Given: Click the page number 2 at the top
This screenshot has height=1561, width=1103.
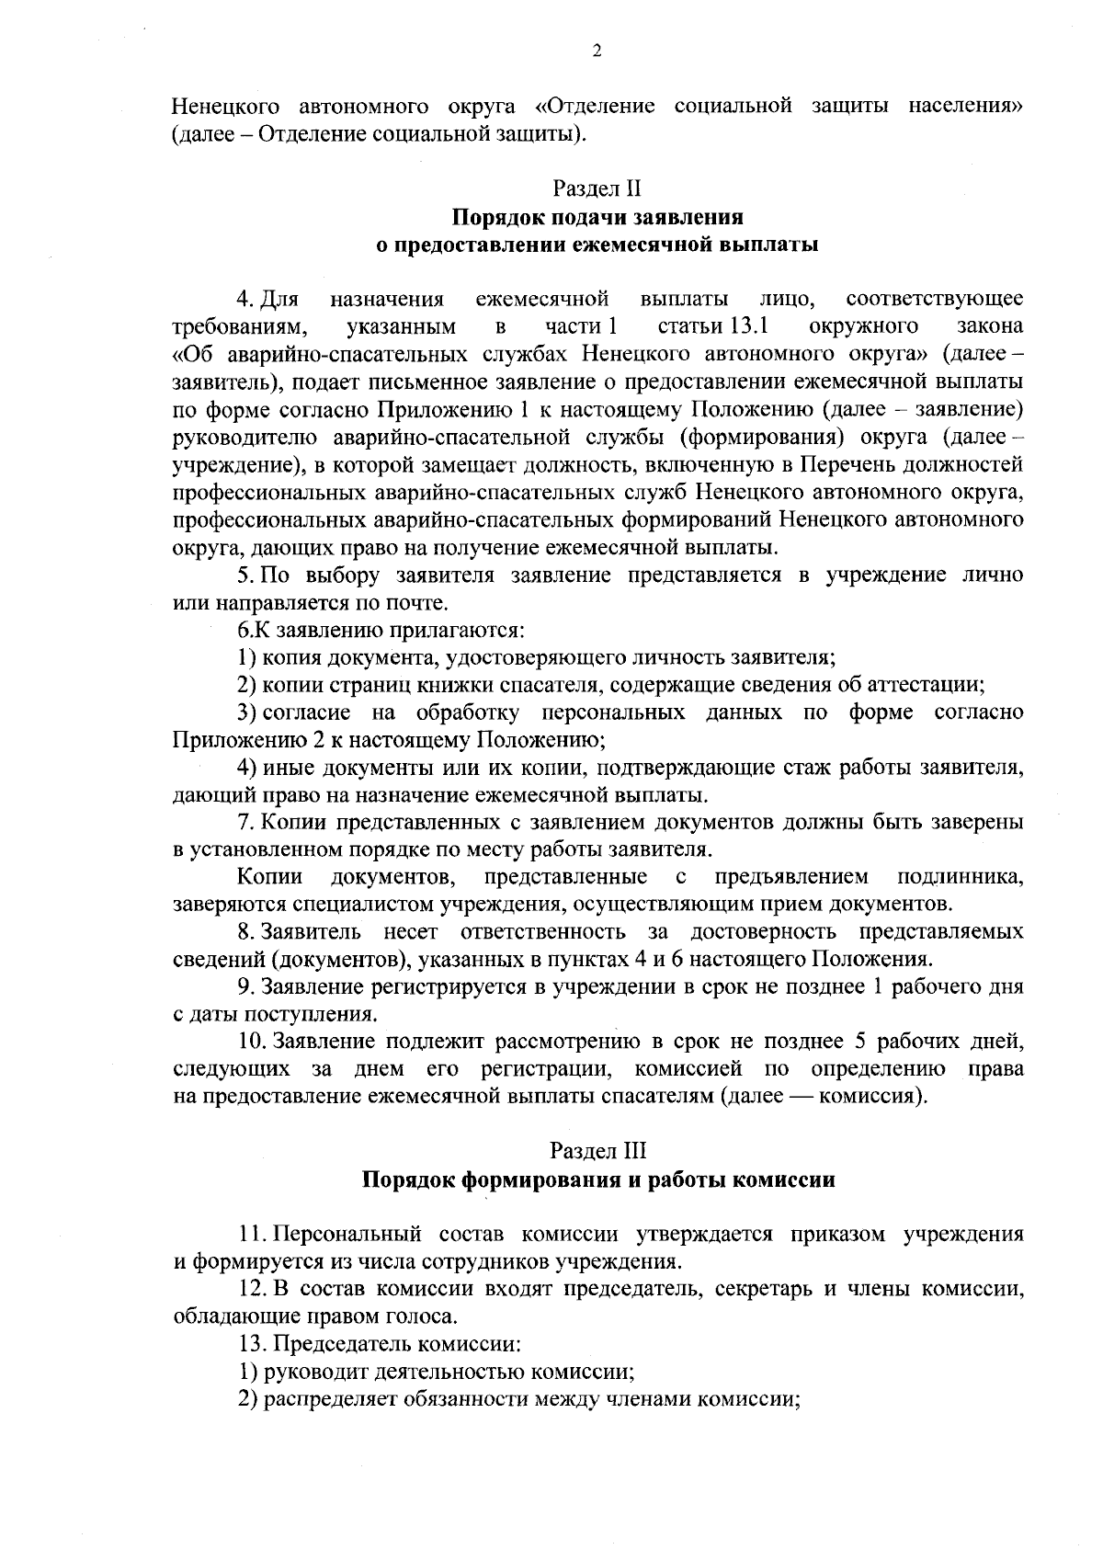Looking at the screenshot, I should coord(597,52).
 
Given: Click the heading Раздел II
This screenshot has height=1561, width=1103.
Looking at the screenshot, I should coord(597,189).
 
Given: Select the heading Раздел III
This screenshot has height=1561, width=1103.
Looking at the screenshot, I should coord(597,1150).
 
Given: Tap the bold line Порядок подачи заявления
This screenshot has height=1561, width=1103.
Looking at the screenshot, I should coord(597,218).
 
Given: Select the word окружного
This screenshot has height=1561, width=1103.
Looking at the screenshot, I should coord(864,326).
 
